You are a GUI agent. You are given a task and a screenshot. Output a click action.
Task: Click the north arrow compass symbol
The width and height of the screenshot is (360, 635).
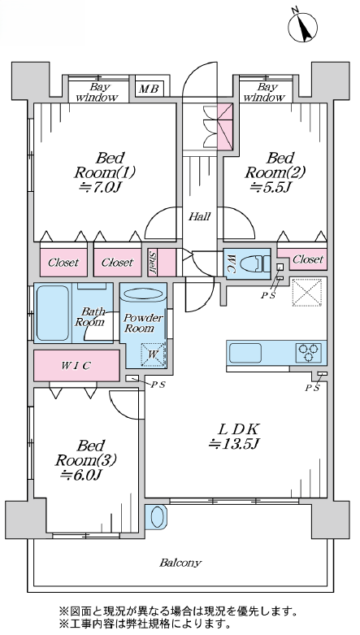pos(303,27)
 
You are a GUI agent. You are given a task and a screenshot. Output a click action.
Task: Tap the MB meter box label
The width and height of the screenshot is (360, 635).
pos(149,89)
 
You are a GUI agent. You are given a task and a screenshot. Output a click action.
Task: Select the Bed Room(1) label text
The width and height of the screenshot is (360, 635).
pos(105,165)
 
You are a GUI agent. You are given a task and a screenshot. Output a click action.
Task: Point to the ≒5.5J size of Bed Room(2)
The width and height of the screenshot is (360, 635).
pos(271,188)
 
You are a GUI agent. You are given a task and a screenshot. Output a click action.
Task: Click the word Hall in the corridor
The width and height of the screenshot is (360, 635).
pos(200,216)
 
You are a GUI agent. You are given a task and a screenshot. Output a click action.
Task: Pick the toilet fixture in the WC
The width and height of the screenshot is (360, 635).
pos(255,264)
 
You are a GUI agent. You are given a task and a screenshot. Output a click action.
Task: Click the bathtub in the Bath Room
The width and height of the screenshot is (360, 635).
pos(53,313)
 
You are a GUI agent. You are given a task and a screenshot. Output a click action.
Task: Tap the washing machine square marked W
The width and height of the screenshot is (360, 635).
pos(153,354)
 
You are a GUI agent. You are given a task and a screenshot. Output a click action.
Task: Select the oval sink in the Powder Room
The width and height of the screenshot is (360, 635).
pos(142,294)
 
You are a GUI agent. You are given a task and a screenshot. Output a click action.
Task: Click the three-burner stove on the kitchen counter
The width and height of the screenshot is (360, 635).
pos(309,353)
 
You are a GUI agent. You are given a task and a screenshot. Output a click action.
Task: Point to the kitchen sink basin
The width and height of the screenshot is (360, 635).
pos(245,353)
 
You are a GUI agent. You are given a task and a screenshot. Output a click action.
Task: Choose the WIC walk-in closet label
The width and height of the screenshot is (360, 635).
pos(76,366)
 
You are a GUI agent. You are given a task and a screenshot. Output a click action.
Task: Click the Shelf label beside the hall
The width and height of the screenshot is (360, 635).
pos(152,263)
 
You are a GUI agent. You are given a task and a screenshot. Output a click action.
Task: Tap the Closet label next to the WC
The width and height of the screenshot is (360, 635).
pos(308,259)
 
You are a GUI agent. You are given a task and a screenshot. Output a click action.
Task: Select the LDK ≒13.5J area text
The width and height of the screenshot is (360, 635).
pos(234,437)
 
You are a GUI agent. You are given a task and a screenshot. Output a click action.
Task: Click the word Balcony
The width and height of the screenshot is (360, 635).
pos(180,563)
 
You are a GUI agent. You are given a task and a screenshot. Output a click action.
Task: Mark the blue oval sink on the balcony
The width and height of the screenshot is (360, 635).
pos(156,516)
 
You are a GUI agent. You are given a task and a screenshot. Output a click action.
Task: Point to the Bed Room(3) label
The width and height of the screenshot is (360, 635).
pos(86,460)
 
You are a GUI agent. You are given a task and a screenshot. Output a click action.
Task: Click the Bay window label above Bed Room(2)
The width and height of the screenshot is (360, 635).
pos(265,93)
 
